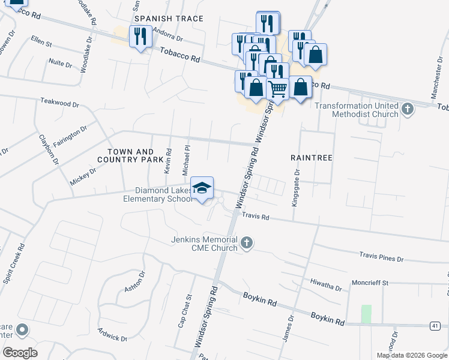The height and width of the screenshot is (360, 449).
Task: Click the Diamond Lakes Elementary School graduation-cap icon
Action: pyautogui.click(x=202, y=188)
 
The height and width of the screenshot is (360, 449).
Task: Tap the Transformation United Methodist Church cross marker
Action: pyautogui.click(x=408, y=109)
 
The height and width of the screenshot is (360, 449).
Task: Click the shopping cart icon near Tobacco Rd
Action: pyautogui.click(x=277, y=89)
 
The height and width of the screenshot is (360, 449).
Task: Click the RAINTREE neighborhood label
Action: pyautogui.click(x=312, y=157)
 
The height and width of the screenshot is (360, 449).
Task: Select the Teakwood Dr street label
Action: pyautogui.click(x=59, y=103)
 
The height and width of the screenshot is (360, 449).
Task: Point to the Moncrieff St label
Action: pyautogui.click(x=370, y=282)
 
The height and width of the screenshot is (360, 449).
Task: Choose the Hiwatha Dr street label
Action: pyautogui.click(x=326, y=284)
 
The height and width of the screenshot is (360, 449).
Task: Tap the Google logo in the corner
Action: pyautogui.click(x=20, y=353)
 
